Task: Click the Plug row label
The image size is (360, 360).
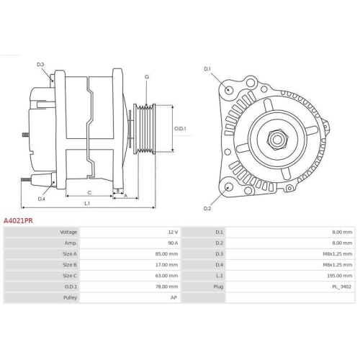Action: click(x=217, y=287)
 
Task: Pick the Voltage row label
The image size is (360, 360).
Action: click(x=68, y=233)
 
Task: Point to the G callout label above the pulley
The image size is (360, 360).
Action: click(x=147, y=76)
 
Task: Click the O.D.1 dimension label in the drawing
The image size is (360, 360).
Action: click(x=180, y=129)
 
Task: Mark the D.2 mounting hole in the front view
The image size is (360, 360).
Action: click(x=229, y=187)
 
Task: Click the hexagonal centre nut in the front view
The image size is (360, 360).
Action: click(x=276, y=138)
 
